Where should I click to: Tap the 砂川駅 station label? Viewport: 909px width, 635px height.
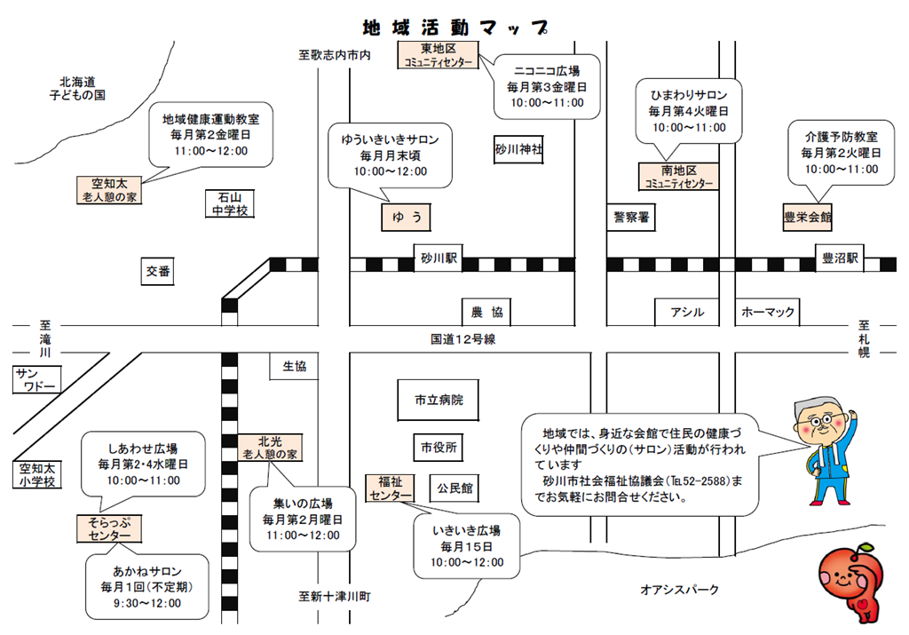click(x=439, y=259)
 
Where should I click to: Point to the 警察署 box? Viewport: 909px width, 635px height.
click(x=631, y=216)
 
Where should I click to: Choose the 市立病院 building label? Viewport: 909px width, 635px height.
click(x=438, y=400)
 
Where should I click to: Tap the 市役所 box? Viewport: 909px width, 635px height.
click(x=438, y=448)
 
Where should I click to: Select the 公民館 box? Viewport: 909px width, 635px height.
click(x=454, y=488)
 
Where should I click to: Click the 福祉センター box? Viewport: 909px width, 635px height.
click(x=391, y=488)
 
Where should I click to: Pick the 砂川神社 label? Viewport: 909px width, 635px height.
click(x=518, y=148)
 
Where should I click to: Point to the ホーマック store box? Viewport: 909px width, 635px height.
click(x=769, y=312)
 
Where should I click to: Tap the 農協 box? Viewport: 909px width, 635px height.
click(x=486, y=312)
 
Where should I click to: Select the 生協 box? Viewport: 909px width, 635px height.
click(x=294, y=365)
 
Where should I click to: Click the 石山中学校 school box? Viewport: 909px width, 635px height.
click(x=229, y=203)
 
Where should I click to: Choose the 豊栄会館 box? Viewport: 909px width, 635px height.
click(x=807, y=216)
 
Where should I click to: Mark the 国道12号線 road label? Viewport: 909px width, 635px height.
click(x=462, y=338)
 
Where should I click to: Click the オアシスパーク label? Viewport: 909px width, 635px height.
click(x=680, y=589)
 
